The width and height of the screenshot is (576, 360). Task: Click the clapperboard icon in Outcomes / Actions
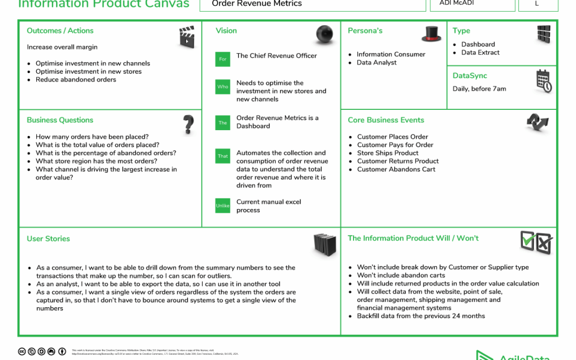187,37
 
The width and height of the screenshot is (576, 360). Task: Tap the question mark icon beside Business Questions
188,124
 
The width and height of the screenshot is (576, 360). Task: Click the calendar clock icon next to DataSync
543,81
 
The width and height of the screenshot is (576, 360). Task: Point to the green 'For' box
223,59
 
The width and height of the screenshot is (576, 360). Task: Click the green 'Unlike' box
223,205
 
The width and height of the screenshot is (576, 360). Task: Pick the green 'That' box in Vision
223,156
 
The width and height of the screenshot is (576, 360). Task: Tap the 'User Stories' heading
49,238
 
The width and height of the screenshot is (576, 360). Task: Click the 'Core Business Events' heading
386,120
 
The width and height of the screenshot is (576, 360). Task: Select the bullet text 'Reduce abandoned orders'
76,79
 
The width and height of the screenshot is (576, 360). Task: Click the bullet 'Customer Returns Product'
398,161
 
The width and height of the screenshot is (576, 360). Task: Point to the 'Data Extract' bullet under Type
481,52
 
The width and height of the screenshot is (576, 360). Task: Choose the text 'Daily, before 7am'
479,89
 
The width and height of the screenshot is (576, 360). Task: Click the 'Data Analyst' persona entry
377,62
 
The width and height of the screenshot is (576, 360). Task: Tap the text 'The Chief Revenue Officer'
276,55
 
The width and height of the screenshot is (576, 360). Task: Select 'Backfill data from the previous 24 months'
421,316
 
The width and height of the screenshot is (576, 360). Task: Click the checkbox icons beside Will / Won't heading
536,243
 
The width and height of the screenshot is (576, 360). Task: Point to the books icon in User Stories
325,244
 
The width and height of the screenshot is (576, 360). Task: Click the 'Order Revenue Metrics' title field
257,4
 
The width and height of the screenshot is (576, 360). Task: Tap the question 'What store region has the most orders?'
97,161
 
